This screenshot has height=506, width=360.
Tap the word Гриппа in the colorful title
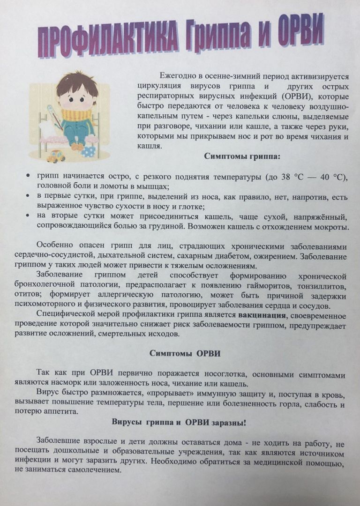point(220,36)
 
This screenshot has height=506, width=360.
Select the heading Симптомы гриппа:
point(242,156)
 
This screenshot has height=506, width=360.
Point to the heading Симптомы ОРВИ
point(178,354)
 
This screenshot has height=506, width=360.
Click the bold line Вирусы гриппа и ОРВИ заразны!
point(179,422)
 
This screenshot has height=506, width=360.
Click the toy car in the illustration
point(56,156)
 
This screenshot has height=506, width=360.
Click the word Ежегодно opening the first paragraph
point(176,76)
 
